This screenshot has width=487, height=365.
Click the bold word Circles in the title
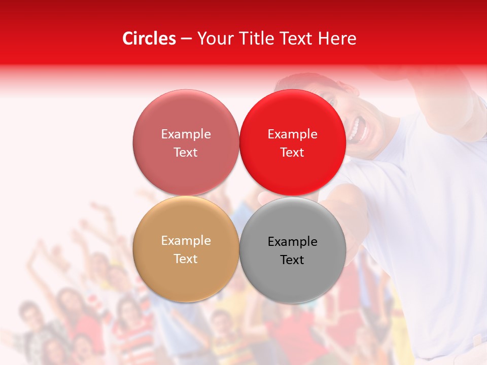pos(149,39)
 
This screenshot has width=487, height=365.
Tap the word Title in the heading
pos(253,39)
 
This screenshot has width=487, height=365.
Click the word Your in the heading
pos(215,39)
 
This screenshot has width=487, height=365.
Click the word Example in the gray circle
pos(293,242)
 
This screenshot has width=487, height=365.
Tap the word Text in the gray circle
pos(292,260)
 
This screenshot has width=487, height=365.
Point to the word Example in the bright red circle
pos(293,134)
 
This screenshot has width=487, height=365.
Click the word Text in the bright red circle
pos(292,153)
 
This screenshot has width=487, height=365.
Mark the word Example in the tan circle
pos(186,241)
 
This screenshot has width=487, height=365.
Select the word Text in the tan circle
pos(186,259)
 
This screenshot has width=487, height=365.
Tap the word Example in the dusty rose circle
pos(186,134)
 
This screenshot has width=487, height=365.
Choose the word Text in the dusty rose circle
pos(186,153)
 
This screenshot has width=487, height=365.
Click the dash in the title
pos(186,39)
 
